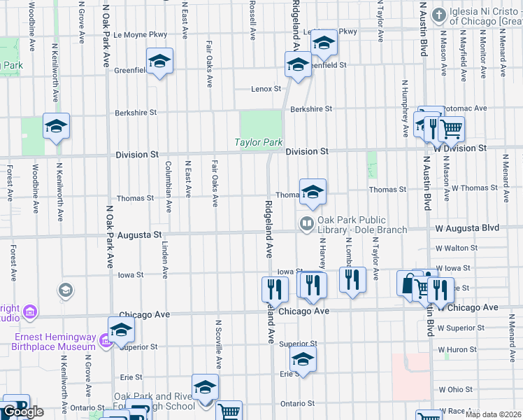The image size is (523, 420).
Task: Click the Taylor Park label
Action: tap(258, 143)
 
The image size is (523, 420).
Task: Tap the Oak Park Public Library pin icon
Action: tap(306, 224)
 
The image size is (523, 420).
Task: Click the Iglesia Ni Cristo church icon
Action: tap(438, 15)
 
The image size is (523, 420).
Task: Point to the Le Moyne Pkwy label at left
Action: tap(141, 34)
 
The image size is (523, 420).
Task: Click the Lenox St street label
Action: tap(266, 89)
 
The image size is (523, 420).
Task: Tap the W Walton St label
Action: tap(456, 248)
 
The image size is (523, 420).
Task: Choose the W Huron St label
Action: tap(456, 349)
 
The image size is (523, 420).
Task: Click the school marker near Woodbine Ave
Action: tap(56, 127)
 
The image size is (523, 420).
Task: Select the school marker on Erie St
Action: tap(303, 359)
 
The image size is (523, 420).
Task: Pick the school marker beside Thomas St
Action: tap(313, 191)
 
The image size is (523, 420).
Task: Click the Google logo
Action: tap(23, 412)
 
